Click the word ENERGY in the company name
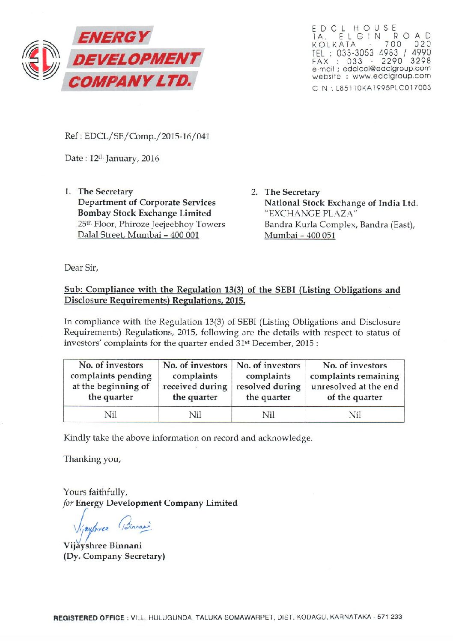[x=113, y=37]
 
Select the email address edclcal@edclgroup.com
[x=387, y=69]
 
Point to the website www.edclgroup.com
[x=391, y=76]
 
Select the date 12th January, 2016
[x=124, y=158]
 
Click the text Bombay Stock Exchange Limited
[x=144, y=213]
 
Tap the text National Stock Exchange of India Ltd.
[x=341, y=203]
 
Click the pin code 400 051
[x=320, y=236]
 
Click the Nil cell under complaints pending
[x=110, y=414]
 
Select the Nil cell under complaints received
[x=195, y=414]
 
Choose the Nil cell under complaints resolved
[x=268, y=414]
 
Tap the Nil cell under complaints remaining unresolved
[x=355, y=414]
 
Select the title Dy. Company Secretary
[x=114, y=556]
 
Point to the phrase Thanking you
[x=92, y=459]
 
